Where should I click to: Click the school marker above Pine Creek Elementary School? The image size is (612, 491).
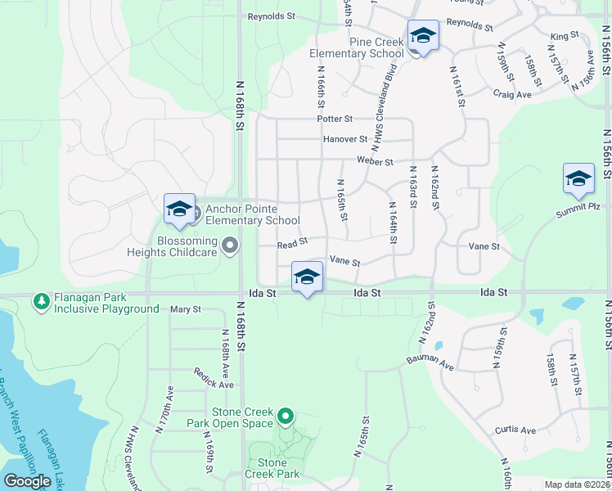(x=423, y=37)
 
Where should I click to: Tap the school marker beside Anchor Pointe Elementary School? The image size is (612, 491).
(x=179, y=210)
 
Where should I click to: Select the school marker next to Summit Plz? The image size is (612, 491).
(x=578, y=180)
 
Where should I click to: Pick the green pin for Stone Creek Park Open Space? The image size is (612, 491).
(x=286, y=417)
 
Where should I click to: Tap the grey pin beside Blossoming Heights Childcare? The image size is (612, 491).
(x=230, y=245)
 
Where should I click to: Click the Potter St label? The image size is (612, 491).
(x=335, y=119)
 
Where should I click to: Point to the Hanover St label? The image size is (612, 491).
(x=344, y=140)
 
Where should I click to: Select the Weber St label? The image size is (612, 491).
(x=376, y=162)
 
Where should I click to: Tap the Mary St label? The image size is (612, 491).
(x=185, y=309)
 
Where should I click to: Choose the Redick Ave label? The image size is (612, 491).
(x=214, y=378)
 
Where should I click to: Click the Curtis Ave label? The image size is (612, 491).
(x=515, y=430)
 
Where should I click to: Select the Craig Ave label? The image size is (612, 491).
(x=512, y=94)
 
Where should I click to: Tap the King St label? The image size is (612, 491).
(x=564, y=36)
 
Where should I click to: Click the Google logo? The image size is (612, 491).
(x=27, y=481)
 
